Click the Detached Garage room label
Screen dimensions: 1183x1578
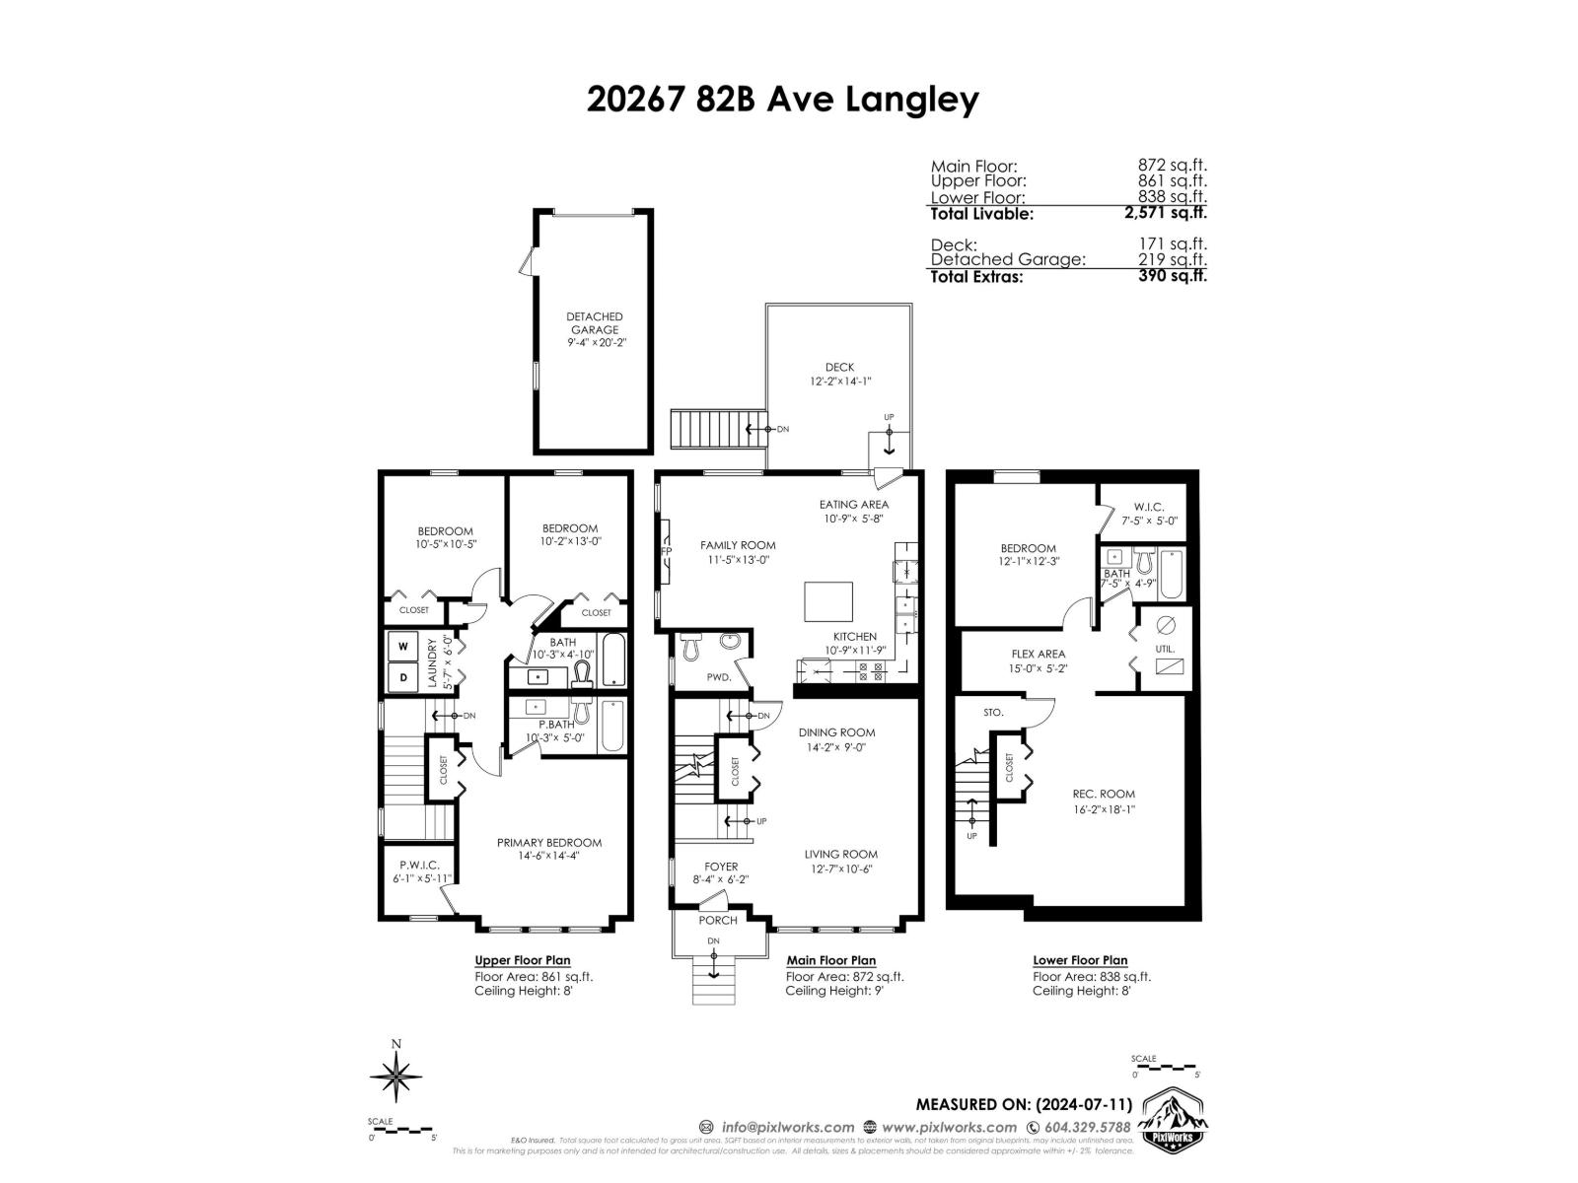(x=594, y=323)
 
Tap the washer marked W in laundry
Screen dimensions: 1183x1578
(x=403, y=648)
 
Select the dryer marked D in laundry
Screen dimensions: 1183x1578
(x=403, y=678)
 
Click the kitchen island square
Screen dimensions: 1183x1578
(x=827, y=600)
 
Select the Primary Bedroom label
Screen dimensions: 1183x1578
(x=548, y=842)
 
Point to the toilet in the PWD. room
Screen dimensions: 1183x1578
(x=689, y=646)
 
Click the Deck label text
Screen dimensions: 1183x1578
(x=839, y=367)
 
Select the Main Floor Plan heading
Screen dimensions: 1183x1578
(x=830, y=960)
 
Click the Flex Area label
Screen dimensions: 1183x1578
(x=1038, y=654)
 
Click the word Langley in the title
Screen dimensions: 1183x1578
(x=914, y=100)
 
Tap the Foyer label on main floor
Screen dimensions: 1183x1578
(x=721, y=867)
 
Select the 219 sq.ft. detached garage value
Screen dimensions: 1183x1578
(x=1172, y=259)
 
